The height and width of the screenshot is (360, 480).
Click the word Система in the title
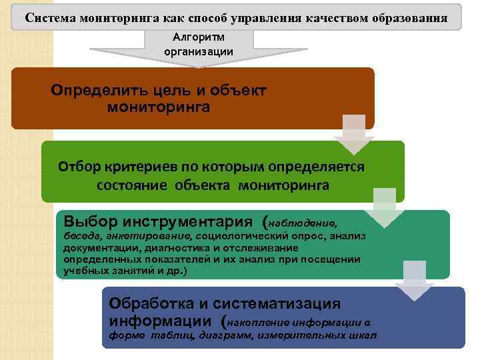(x=49, y=17)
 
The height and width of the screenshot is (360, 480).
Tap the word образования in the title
(x=409, y=17)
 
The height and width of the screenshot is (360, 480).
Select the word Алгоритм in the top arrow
(x=198, y=38)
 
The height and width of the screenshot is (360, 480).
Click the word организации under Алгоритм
(x=198, y=51)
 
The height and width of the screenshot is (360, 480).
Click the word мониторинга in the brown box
(x=158, y=107)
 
